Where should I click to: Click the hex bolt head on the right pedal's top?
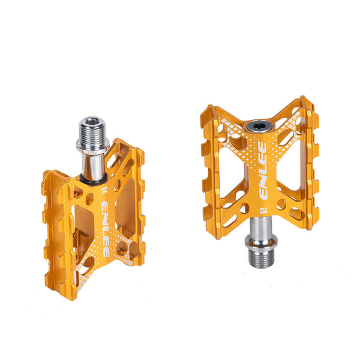pyautogui.click(x=259, y=127)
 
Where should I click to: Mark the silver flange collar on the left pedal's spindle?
pyautogui.click(x=92, y=144)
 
